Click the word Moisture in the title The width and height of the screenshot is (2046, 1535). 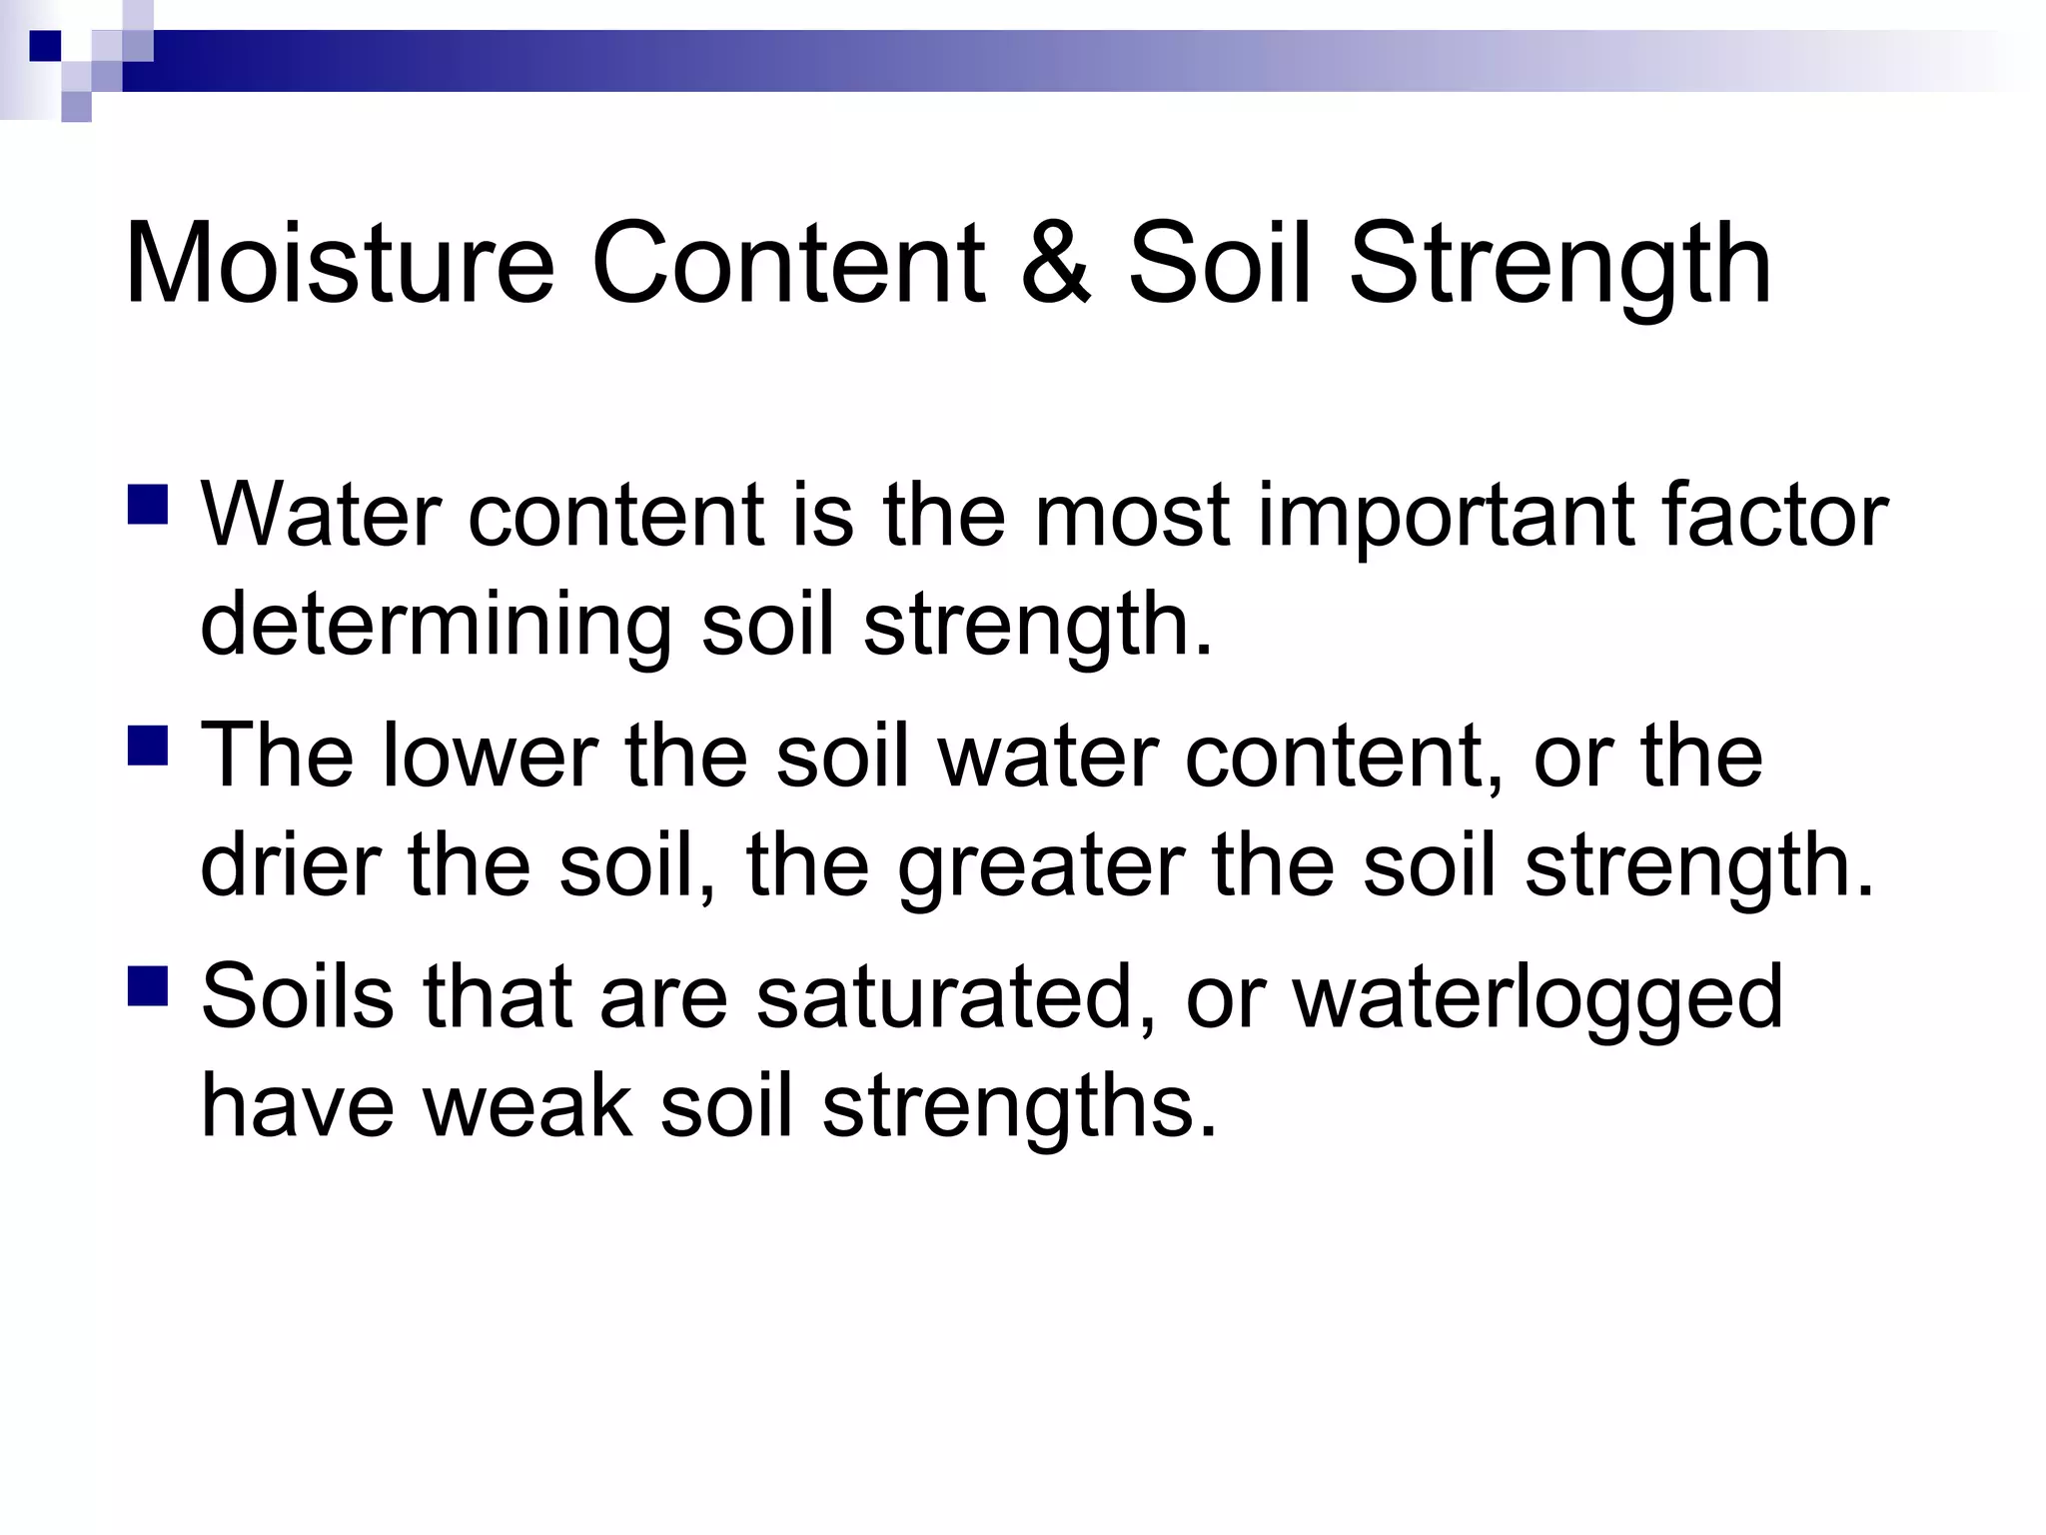point(340,265)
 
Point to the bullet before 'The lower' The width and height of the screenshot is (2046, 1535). point(148,746)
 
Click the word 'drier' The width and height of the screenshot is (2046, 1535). point(291,865)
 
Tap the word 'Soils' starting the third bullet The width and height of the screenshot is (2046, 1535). point(298,996)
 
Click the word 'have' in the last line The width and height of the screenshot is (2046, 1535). point(298,1106)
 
